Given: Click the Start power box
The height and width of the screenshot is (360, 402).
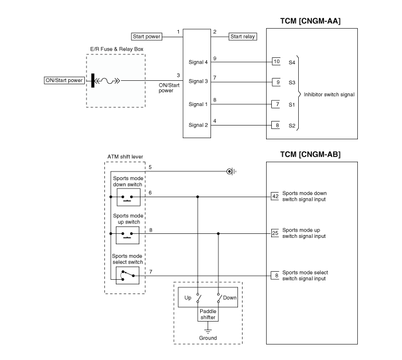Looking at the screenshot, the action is click(147, 37).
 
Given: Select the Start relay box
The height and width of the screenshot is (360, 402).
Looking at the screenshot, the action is click(243, 37).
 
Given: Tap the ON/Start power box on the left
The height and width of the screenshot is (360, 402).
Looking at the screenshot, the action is click(64, 80).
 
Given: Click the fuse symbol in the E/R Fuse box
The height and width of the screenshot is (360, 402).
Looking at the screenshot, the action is click(107, 81).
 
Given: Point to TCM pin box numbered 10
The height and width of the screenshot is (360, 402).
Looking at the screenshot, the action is click(276, 61).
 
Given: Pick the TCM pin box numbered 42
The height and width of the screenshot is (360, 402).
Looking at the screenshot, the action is click(275, 197).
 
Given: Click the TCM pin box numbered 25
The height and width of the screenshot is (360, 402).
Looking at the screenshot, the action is click(275, 233).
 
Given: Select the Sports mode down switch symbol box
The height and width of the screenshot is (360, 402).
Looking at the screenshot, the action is click(128, 197).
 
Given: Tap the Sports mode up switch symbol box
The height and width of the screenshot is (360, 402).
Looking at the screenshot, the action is click(127, 235).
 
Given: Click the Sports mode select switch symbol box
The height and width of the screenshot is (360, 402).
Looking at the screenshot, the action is click(127, 275).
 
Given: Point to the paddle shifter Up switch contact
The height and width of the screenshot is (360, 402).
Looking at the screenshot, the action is click(198, 298).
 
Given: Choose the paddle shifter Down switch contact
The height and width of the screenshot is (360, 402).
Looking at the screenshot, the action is click(219, 298).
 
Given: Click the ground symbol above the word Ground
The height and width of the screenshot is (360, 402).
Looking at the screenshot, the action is click(208, 331).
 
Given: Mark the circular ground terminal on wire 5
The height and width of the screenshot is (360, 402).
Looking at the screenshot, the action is click(229, 171).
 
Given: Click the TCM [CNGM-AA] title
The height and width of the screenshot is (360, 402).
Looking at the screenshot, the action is click(310, 21).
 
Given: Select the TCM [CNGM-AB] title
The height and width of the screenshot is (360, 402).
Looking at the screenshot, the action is click(310, 155).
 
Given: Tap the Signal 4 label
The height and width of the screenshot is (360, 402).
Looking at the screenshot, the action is click(198, 62).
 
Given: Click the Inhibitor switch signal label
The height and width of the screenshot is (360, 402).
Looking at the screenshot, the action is click(329, 95).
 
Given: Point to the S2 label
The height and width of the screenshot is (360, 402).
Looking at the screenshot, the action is click(292, 126).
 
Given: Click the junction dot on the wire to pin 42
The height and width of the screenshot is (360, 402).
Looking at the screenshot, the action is click(197, 197).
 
